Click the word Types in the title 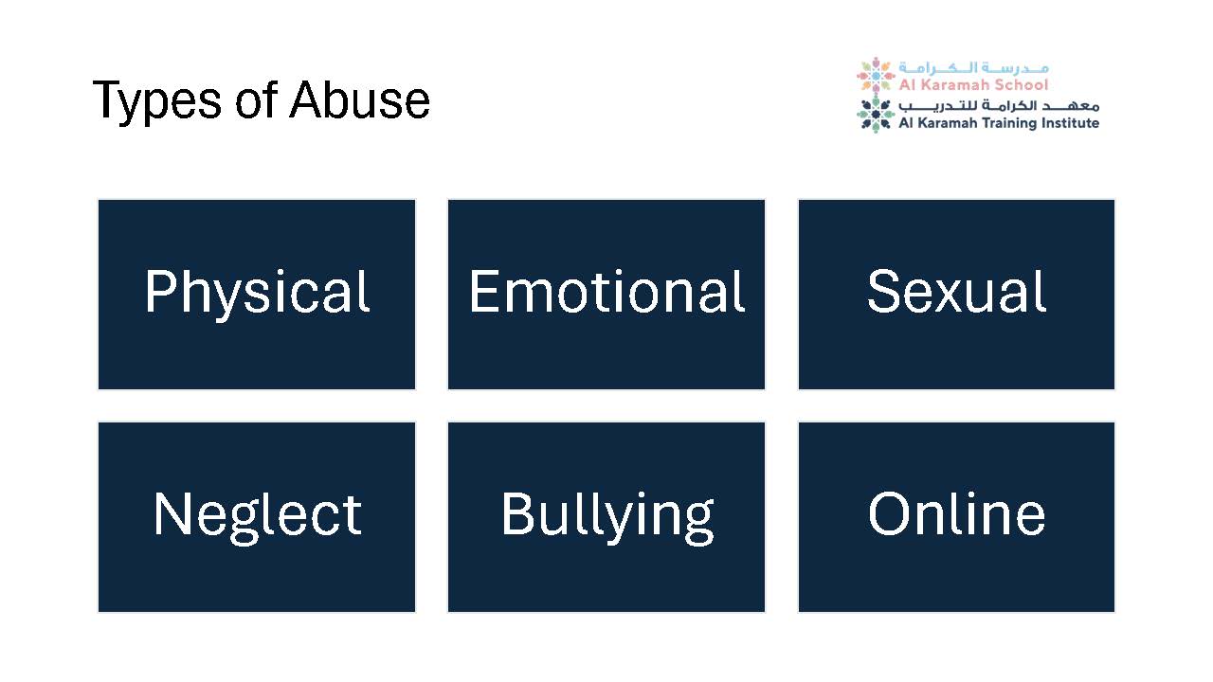(x=157, y=100)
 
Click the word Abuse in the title (x=359, y=99)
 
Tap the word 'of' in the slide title (x=256, y=99)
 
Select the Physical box (x=257, y=295)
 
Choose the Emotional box (x=606, y=295)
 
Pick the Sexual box (x=956, y=295)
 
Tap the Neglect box (x=257, y=517)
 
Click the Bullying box (x=606, y=517)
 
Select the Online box (x=956, y=517)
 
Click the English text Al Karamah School (x=973, y=85)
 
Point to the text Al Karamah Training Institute (x=999, y=123)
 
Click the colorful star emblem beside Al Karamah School (x=875, y=75)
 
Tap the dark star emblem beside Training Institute (x=875, y=115)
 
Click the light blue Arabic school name (x=973, y=68)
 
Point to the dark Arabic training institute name (x=999, y=105)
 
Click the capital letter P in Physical (x=158, y=291)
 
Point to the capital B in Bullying (x=516, y=513)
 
